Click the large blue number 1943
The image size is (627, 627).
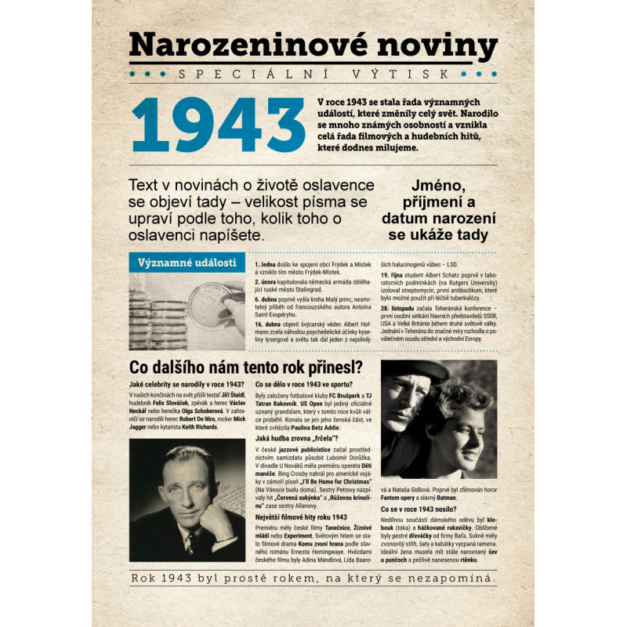pos(219,126)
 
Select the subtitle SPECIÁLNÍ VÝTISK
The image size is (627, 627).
pos(313,74)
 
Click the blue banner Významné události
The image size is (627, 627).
pos(186,263)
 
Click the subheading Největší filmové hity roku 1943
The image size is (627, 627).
pos(302,517)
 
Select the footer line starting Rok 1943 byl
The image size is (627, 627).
pos(313,578)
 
